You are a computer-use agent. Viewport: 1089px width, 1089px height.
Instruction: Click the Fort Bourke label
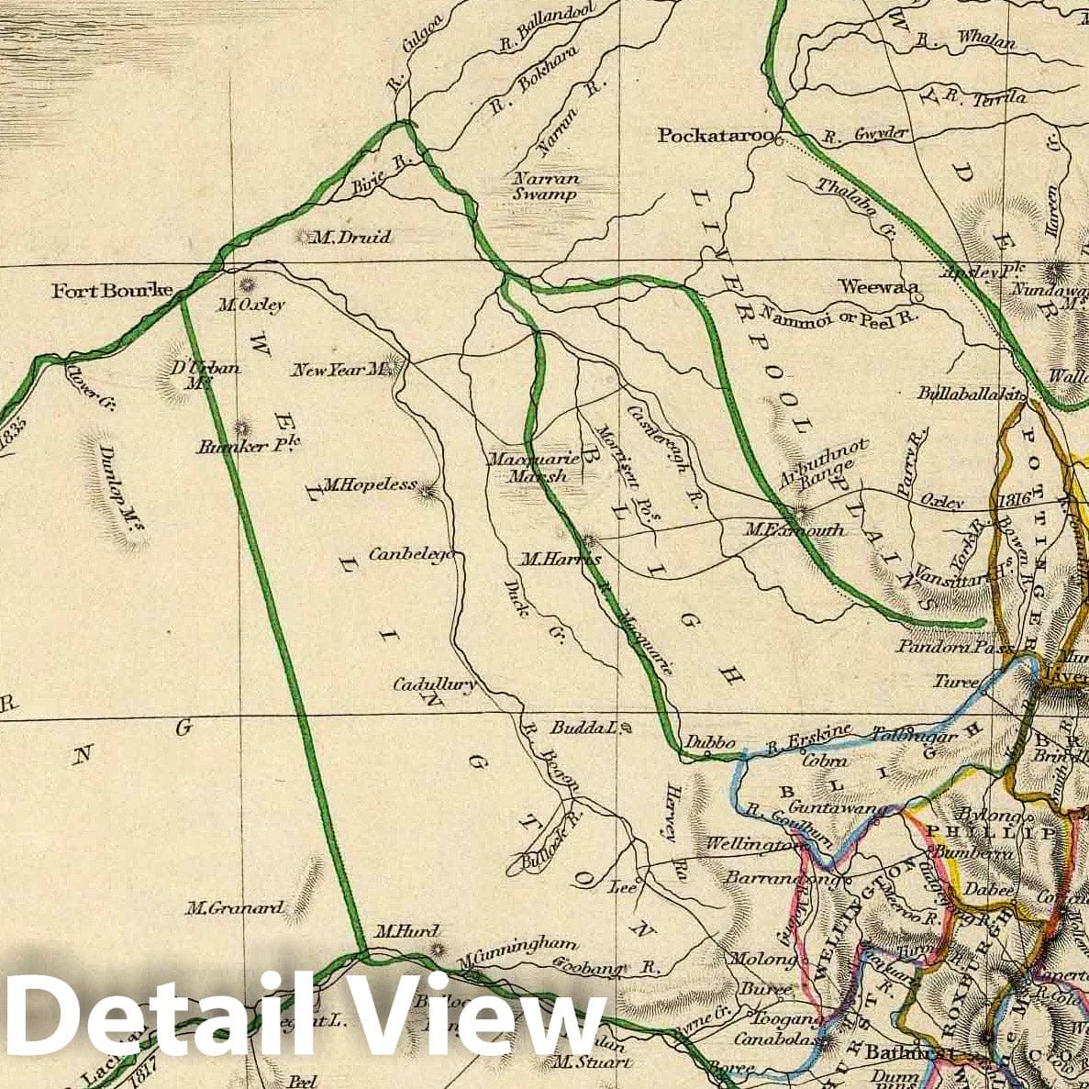[x=112, y=291]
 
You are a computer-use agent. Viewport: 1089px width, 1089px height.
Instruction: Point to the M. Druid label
[x=351, y=238]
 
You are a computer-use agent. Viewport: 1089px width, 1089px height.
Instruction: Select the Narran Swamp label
[x=546, y=186]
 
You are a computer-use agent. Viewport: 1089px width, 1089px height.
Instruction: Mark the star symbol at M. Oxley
[x=245, y=284]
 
